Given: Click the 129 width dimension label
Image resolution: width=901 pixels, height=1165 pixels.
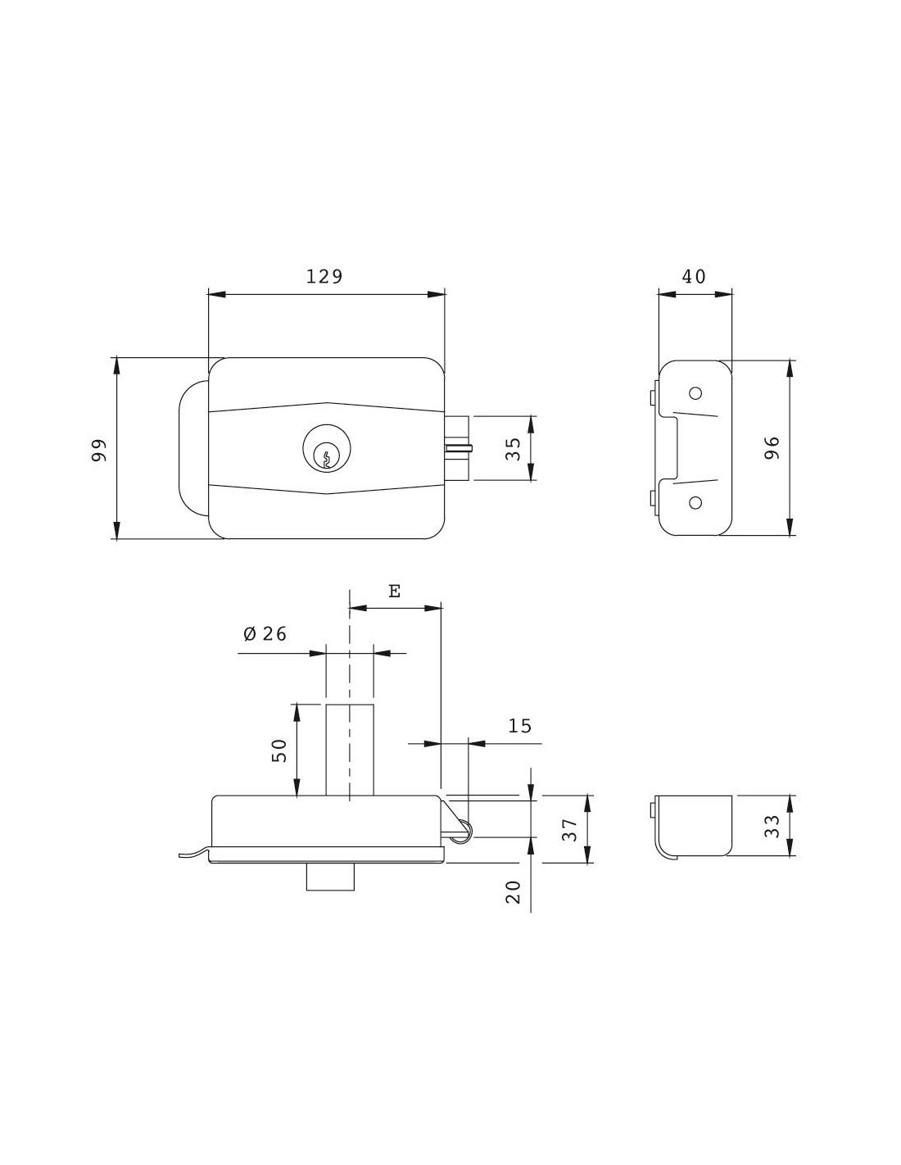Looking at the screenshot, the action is coord(324,277).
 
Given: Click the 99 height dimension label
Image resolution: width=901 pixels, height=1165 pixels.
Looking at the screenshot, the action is coord(99,451).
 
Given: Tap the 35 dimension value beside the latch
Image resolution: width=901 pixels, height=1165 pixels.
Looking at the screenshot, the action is coord(513,449).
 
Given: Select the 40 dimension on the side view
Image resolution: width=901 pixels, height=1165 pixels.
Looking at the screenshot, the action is coord(694,277).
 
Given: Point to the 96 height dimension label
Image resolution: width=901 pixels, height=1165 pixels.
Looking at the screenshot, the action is coord(772,448).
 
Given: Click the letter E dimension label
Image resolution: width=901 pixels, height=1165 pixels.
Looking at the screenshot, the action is coord(394,592).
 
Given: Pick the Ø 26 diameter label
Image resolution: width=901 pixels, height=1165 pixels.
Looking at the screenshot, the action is coord(265,633).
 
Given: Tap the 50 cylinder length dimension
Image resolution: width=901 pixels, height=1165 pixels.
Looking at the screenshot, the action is coord(280,750).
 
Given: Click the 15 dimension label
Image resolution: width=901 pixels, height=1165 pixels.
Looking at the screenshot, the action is coord(519,726).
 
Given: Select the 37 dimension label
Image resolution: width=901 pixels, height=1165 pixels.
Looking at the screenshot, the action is coord(572,829).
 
